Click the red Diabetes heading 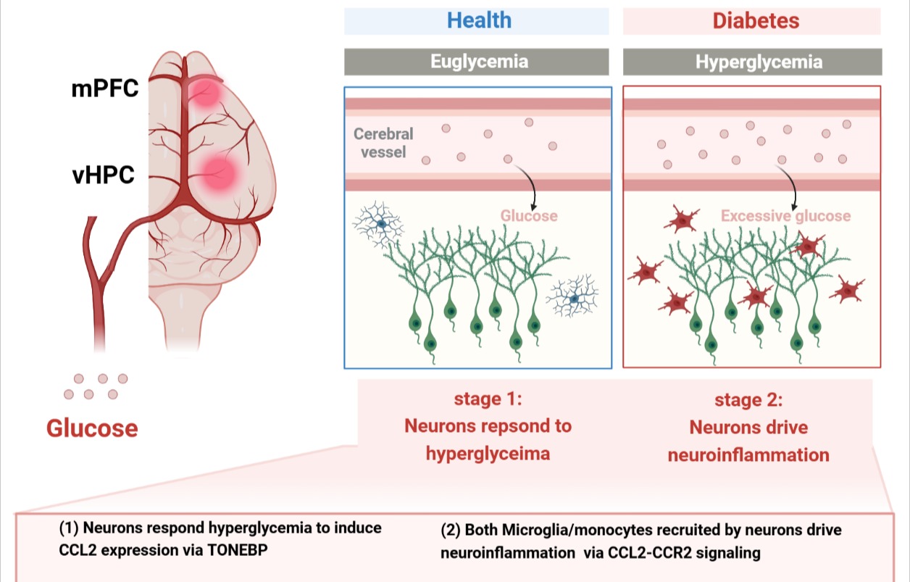click(756, 20)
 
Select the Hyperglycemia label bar click(759, 62)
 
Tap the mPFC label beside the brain click(105, 91)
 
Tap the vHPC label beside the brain click(103, 175)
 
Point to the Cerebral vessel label click(383, 143)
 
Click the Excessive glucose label click(785, 216)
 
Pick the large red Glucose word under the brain click(92, 428)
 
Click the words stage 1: click(488, 399)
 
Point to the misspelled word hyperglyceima click(488, 454)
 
